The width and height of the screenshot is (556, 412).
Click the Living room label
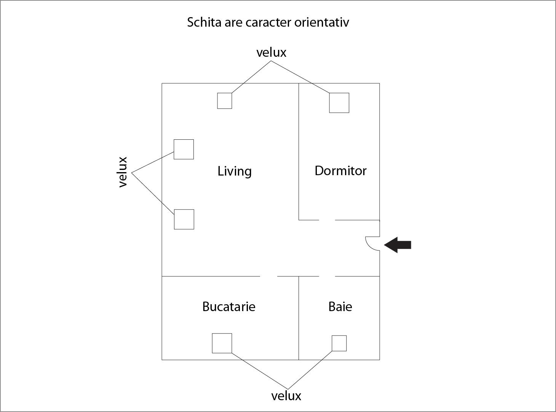coord(234,171)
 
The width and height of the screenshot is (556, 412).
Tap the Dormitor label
coord(340,171)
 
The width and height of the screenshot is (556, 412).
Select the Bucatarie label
coord(229,307)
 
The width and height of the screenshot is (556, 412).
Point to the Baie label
coord(340,307)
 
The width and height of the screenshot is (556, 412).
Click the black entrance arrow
coord(398,245)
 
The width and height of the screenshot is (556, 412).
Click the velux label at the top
coord(271,53)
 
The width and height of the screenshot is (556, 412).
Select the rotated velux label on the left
coord(123,172)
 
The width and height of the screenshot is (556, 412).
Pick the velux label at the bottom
coord(286,396)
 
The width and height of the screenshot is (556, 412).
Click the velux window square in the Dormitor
coord(339,103)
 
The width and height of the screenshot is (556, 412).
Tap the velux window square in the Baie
coord(339,343)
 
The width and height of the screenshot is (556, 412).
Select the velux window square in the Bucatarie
coord(222,343)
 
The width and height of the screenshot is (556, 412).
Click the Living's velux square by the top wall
coord(225,101)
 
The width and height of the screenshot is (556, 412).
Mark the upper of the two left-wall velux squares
coord(184,149)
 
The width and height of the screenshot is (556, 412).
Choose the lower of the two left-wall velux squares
coord(184,219)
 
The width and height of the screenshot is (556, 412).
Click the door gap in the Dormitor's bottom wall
coord(327,220)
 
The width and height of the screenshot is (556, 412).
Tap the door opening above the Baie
coord(327,276)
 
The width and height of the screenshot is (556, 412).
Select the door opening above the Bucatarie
coord(268,276)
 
